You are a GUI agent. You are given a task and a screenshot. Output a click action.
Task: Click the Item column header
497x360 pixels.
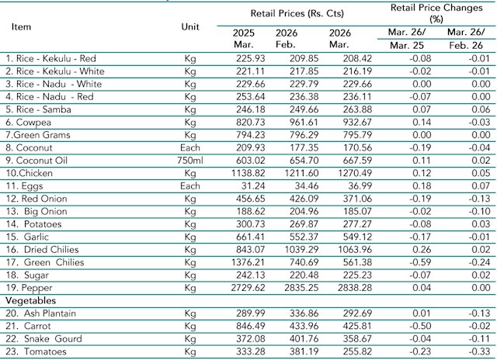coord(22,26)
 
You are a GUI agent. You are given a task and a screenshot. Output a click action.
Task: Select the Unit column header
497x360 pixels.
coord(189,26)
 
